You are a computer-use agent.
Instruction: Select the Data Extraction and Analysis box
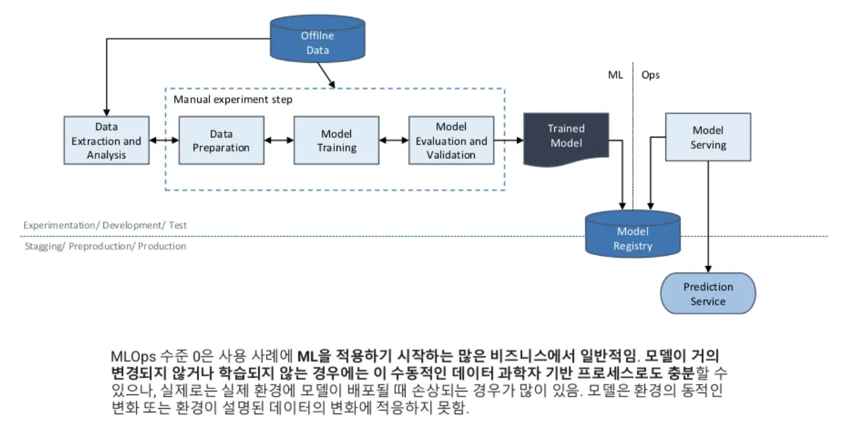[x=106, y=141]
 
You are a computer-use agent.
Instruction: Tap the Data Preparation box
[x=221, y=141]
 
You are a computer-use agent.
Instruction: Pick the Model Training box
[x=336, y=141]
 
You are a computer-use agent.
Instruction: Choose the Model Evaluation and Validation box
[x=451, y=141]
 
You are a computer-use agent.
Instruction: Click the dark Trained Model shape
[x=566, y=137]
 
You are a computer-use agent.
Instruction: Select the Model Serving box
[x=708, y=137]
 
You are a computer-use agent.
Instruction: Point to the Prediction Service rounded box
[x=708, y=293]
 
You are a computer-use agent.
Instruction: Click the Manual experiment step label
[x=233, y=99]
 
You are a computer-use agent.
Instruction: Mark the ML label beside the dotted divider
[x=615, y=75]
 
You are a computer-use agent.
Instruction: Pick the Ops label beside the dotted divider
[x=651, y=75]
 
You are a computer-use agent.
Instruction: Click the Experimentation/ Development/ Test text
[x=105, y=225]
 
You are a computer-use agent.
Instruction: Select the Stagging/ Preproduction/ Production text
[x=105, y=246]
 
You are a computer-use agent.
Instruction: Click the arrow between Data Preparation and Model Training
[x=279, y=141]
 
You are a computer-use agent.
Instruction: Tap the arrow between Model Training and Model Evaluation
[x=393, y=141]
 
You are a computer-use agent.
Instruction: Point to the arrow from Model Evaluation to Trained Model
[x=509, y=141]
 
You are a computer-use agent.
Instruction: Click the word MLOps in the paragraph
[x=134, y=357]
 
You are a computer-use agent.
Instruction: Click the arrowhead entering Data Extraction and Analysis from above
[x=106, y=112]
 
